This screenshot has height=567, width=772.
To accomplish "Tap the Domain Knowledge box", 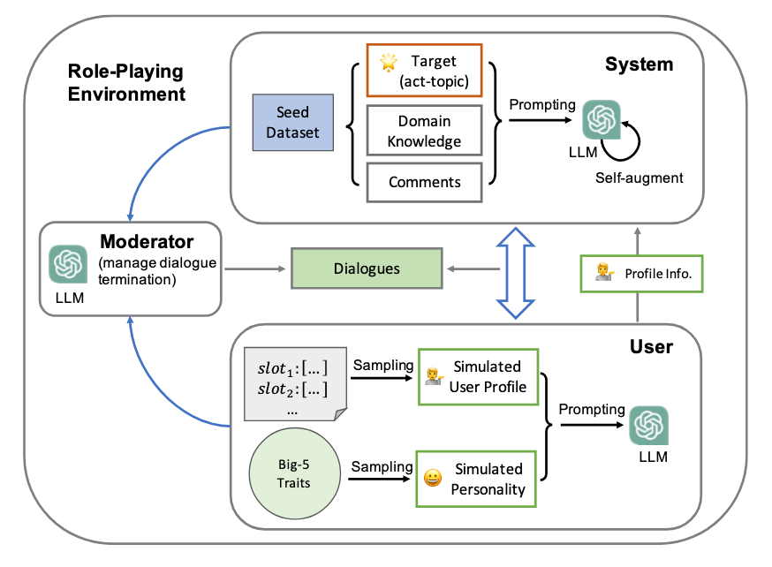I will click(424, 132).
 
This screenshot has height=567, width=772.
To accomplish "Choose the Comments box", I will click(424, 182).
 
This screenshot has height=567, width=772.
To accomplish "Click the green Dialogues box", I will click(366, 268).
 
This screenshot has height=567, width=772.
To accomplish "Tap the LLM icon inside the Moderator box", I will click(68, 263).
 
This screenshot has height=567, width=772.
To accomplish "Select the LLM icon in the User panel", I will click(648, 425).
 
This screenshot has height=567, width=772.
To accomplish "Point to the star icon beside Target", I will click(388, 62).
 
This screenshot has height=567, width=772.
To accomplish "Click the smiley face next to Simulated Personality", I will click(432, 478).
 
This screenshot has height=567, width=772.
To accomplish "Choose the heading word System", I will click(639, 64).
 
